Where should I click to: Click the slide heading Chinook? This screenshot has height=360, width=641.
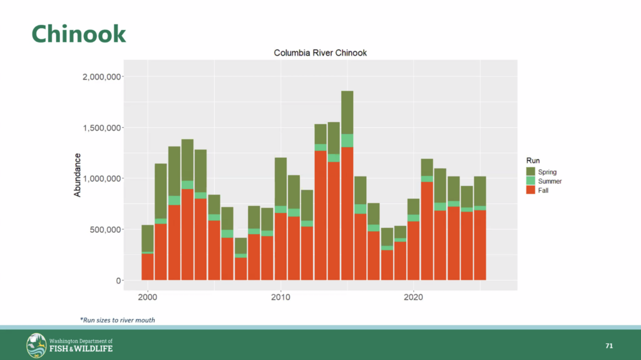pyautogui.click(x=79, y=34)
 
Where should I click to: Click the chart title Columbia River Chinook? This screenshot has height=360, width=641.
pyautogui.click(x=320, y=53)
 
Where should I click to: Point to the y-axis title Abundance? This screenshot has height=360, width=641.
pyautogui.click(x=78, y=175)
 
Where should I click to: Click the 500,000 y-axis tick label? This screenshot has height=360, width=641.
pyautogui.click(x=108, y=230)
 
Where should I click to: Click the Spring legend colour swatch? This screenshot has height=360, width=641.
pyautogui.click(x=531, y=172)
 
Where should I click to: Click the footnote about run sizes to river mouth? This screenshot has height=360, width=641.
pyautogui.click(x=117, y=320)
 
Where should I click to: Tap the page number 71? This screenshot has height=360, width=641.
pyautogui.click(x=608, y=346)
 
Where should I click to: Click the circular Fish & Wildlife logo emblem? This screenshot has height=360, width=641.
pyautogui.click(x=36, y=345)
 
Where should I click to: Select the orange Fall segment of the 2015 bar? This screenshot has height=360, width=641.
pyautogui.click(x=347, y=213)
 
